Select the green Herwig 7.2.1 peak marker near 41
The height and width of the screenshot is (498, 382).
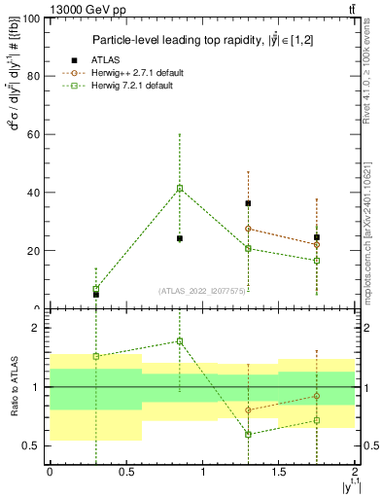[x=180, y=188]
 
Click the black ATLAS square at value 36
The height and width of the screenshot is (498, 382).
[x=248, y=203]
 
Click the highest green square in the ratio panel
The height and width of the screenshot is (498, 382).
[x=180, y=341]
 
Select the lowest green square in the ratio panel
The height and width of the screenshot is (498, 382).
[x=248, y=434]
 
